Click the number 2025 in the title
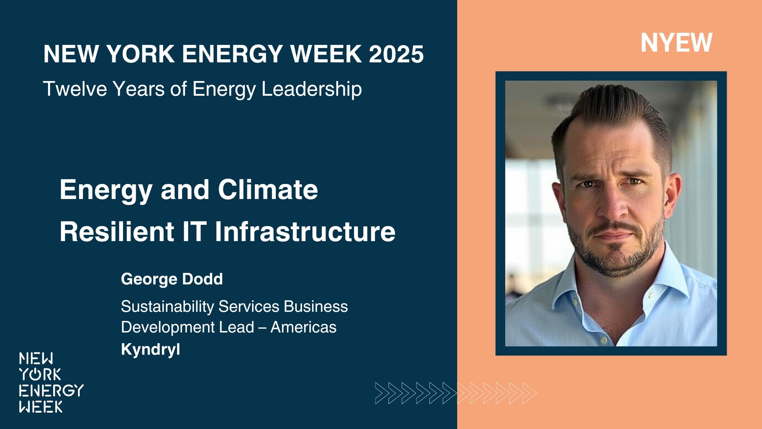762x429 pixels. (396, 54)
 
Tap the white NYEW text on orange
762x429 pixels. (676, 43)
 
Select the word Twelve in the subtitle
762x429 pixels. (75, 89)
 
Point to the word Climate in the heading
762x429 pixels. (268, 189)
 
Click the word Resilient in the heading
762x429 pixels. (117, 232)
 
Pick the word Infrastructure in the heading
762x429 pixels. (305, 232)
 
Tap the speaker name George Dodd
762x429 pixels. (172, 279)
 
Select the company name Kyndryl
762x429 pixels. (150, 350)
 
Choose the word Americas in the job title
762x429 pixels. (303, 327)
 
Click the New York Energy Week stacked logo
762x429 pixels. (51, 383)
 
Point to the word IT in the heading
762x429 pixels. (194, 232)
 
